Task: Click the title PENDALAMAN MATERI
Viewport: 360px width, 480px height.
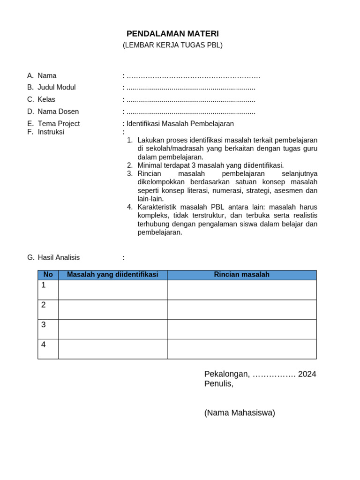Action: point(172,34)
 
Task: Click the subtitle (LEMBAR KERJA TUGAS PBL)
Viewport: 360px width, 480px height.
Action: point(172,45)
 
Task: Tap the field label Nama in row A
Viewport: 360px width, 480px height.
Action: point(47,75)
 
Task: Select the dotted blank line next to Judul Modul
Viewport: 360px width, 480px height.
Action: point(191,88)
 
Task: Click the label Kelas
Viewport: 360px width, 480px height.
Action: point(46,99)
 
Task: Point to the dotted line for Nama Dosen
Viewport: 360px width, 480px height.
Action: point(191,112)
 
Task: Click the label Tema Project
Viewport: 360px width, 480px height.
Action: point(59,124)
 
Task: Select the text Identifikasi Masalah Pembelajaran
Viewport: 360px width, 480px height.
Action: point(180,124)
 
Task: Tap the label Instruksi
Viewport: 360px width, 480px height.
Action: point(51,132)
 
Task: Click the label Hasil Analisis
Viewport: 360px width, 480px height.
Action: point(59,257)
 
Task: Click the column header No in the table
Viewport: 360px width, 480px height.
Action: point(48,275)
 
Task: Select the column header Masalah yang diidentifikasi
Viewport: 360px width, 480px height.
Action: point(112,275)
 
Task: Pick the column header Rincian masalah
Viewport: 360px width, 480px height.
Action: point(241,275)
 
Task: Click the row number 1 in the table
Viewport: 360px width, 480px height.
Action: point(44,285)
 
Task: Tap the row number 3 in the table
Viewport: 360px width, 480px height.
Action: point(44,324)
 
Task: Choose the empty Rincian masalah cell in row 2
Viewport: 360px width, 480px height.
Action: point(241,309)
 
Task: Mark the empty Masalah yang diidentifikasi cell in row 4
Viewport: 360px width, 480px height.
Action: point(112,349)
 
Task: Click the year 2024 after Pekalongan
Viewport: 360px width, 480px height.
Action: point(307,374)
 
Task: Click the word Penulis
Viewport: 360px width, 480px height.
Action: point(218,383)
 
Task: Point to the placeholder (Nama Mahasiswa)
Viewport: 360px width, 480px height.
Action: point(240,412)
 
